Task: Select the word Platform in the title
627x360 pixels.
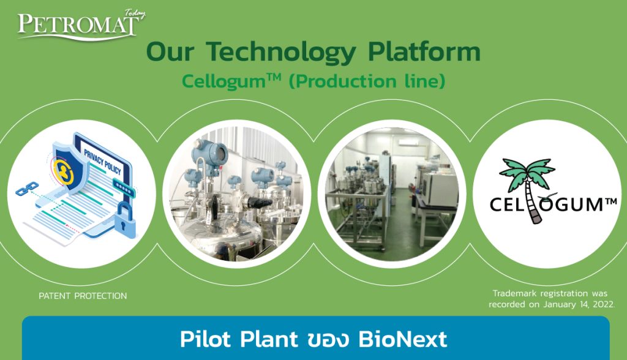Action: click(x=424, y=53)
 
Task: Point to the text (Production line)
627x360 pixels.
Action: click(x=367, y=81)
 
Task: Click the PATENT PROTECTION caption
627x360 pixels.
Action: click(x=83, y=296)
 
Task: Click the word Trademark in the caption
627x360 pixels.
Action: click(x=515, y=293)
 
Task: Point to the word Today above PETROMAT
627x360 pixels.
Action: click(x=133, y=12)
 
